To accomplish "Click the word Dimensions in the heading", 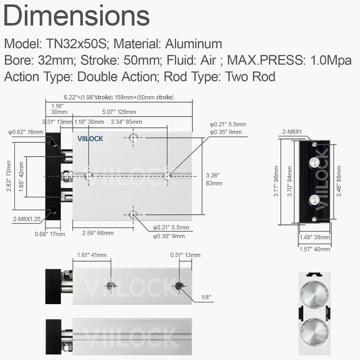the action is (76, 16).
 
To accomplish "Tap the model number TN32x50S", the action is (76, 44).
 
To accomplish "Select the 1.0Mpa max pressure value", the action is (331, 60).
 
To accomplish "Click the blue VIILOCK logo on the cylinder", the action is (90, 139).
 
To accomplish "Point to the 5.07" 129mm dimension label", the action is (119, 112).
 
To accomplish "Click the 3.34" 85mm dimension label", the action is (126, 121).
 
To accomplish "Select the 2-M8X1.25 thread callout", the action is (27, 219).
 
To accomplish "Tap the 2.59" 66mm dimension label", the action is (98, 233).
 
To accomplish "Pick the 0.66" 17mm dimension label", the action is (50, 234).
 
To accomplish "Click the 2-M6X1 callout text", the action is (292, 132).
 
